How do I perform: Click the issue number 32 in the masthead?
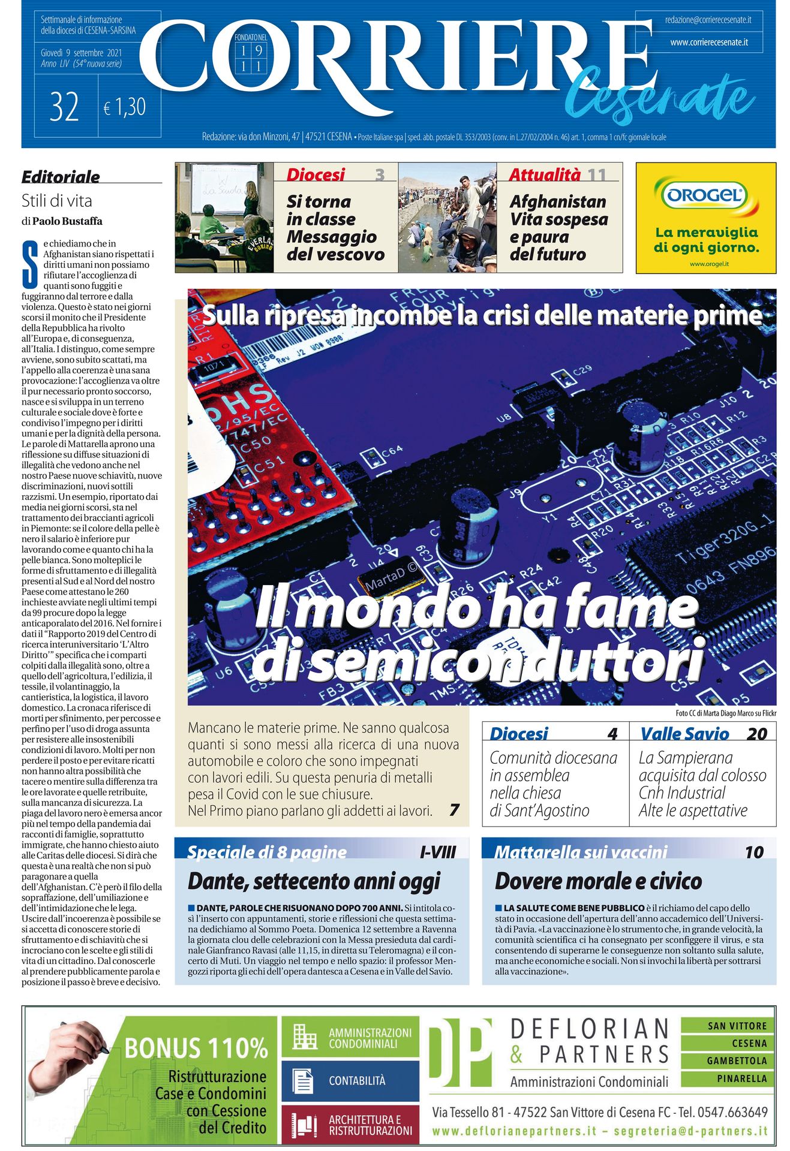65,107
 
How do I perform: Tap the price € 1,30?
125,107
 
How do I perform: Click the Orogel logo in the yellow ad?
705,195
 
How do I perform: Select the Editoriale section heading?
61,177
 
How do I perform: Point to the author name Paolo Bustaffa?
67,221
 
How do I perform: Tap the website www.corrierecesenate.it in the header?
708,43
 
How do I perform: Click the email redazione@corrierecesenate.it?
708,20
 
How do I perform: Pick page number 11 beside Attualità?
596,174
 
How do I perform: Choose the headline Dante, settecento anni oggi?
314,881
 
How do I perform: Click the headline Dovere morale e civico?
598,881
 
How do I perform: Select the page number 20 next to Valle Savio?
757,734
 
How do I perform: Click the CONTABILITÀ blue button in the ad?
350,1081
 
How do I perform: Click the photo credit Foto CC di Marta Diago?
725,713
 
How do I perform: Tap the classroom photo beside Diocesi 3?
224,217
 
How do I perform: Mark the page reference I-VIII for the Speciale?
438,852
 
